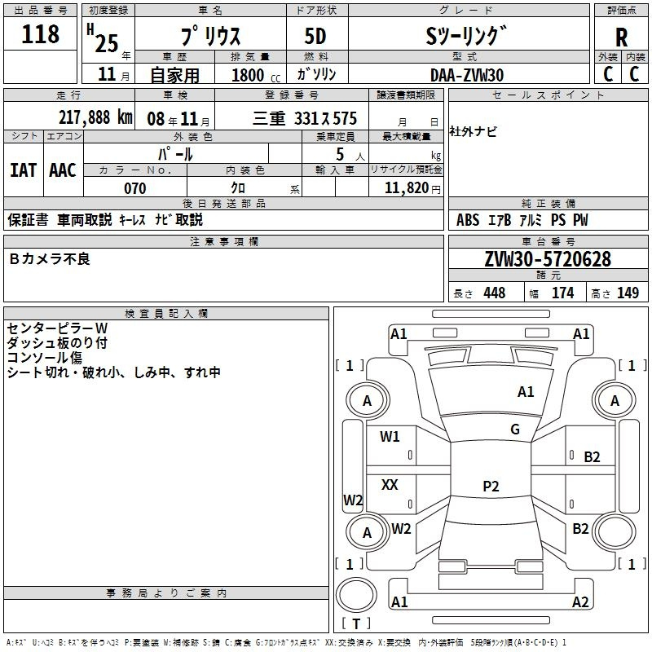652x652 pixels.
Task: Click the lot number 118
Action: click(x=40, y=34)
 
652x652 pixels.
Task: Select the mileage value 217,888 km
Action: click(x=95, y=117)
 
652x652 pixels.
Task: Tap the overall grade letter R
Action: click(x=621, y=37)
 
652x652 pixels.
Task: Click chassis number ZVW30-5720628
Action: click(x=548, y=259)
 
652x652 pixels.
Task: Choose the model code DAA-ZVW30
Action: click(x=467, y=75)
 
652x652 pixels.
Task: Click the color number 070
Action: click(x=135, y=188)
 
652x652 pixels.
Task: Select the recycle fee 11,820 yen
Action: click(x=412, y=188)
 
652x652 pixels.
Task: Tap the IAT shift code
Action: click(x=24, y=170)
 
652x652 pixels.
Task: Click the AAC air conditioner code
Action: click(x=63, y=170)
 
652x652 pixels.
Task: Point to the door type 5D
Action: click(x=315, y=37)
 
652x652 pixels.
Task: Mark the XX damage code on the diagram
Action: click(x=390, y=484)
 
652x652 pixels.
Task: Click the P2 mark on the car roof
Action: click(x=491, y=486)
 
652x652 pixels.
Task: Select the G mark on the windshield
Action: click(x=515, y=430)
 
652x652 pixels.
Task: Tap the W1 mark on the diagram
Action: click(x=390, y=436)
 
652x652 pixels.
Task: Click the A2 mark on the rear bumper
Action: click(x=580, y=601)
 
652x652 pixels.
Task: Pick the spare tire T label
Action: click(x=356, y=623)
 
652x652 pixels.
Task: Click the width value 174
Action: click(x=563, y=293)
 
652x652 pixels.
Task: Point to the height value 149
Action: click(x=628, y=293)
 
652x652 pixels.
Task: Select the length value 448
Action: click(x=495, y=293)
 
